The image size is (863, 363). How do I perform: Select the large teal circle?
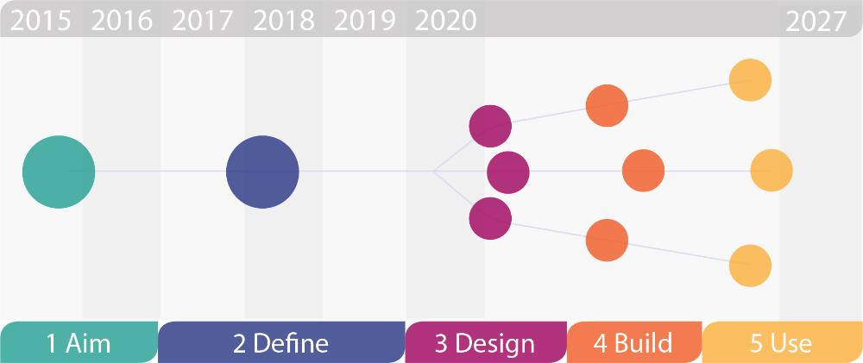(x=59, y=172)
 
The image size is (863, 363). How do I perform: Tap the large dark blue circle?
(x=262, y=172)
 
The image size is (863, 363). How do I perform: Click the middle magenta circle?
(x=507, y=172)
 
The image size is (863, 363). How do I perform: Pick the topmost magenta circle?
(x=490, y=126)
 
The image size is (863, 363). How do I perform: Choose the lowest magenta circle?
(x=490, y=217)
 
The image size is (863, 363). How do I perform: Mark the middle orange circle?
(x=643, y=171)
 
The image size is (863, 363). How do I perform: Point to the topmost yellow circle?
(x=750, y=79)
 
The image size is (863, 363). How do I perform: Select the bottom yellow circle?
(x=750, y=266)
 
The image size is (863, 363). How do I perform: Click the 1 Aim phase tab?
(x=79, y=342)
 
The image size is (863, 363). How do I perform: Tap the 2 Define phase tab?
(x=281, y=342)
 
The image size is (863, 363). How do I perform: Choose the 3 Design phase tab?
(x=485, y=342)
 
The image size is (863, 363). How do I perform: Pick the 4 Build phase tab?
(x=633, y=342)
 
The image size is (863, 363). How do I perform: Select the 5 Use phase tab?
(x=781, y=342)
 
